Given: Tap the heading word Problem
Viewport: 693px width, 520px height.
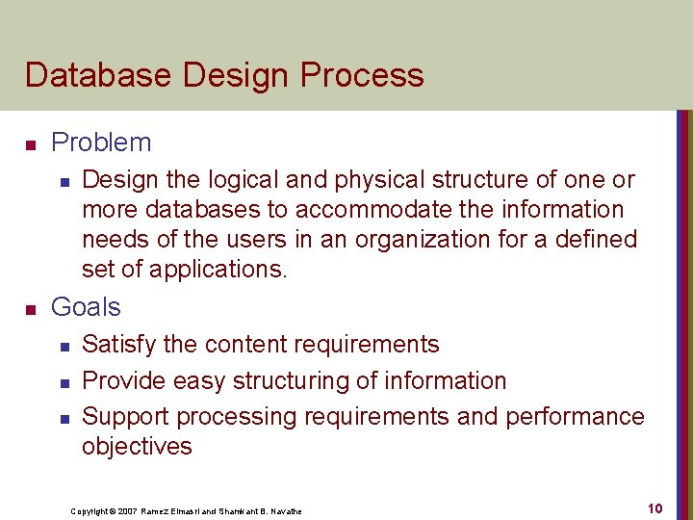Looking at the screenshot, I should pos(101,143).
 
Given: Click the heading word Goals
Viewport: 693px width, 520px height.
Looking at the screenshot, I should pos(86,307).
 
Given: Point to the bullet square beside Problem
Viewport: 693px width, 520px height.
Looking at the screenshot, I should pos(30,144).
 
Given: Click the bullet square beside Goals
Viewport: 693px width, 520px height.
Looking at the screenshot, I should pos(30,309).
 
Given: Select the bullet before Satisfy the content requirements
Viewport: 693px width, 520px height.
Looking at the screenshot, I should pos(64,346).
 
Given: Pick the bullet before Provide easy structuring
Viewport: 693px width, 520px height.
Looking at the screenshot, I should pos(64,382).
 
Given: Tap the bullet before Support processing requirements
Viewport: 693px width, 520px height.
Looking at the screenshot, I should pos(64,419).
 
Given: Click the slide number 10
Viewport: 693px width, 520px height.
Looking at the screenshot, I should pos(654,507).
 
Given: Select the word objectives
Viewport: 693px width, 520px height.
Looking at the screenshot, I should pos(137,447).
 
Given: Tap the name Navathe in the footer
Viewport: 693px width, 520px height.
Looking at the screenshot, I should pos(283,510).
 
